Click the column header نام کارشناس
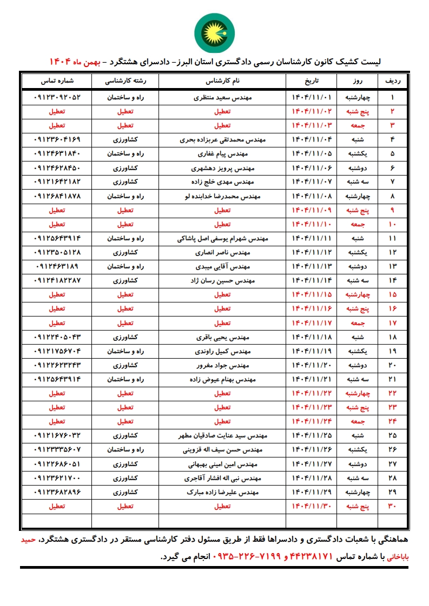222,81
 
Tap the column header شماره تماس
57,81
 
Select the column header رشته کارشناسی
125,81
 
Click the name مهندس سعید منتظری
222,98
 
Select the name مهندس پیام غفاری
222,154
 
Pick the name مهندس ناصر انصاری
222,252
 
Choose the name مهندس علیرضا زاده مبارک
222,492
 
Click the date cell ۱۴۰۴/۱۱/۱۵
311,294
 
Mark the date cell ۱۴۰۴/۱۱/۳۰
311,506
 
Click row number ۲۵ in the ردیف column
392,435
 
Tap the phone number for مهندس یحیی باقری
57,337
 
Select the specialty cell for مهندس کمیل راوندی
125,351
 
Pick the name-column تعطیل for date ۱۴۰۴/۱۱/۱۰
222,224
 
